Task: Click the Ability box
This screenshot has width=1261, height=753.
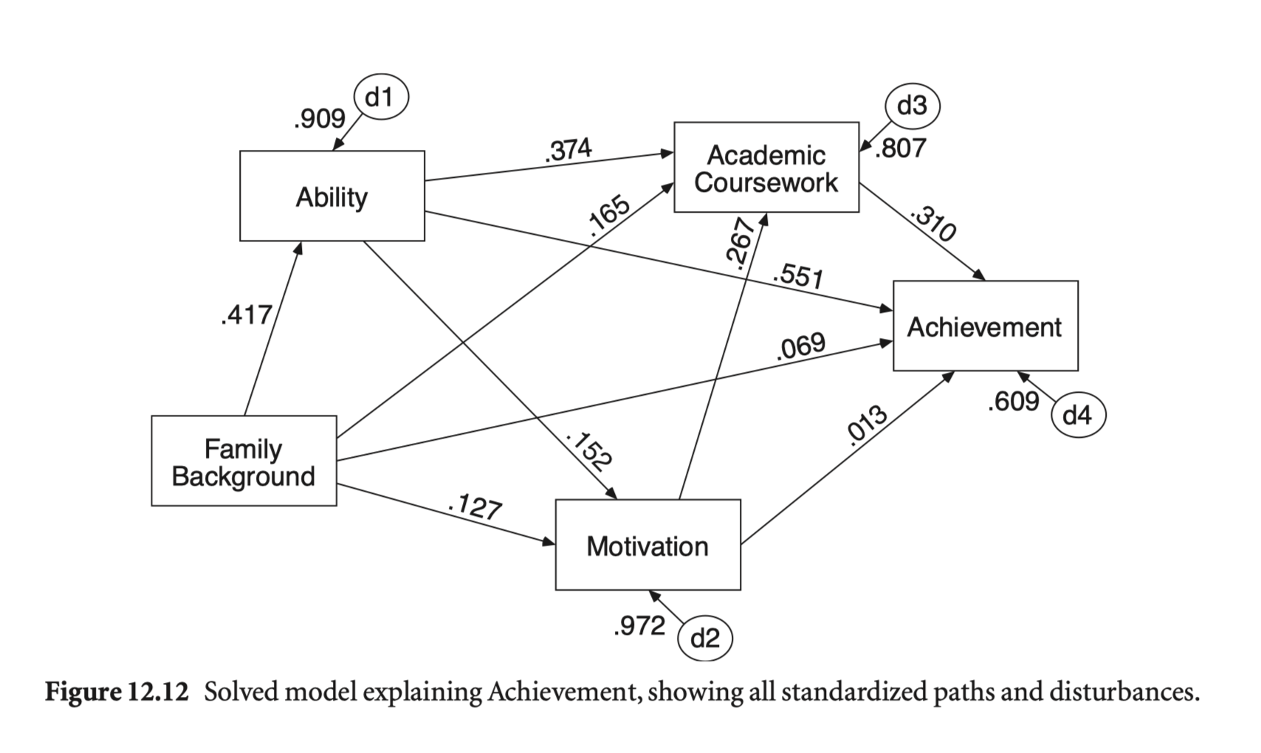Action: click(331, 196)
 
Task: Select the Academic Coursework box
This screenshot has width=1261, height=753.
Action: click(766, 168)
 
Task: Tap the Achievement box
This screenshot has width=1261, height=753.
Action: click(985, 326)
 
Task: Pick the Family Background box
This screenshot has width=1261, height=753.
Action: click(244, 461)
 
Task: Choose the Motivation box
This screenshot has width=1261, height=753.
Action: click(647, 546)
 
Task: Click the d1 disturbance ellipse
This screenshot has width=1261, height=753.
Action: click(381, 97)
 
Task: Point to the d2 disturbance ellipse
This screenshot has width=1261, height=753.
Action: click(704, 637)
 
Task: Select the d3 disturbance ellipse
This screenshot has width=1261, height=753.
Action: click(912, 106)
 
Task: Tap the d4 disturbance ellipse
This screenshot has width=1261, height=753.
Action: click(1077, 415)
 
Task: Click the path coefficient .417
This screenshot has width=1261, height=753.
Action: click(246, 315)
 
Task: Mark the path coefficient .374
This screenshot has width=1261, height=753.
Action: click(568, 151)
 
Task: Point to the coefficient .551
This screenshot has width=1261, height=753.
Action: click(797, 275)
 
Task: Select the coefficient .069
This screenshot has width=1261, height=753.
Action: click(800, 347)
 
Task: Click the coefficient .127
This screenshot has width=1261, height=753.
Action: click(475, 507)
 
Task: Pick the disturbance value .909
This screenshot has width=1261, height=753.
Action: click(319, 118)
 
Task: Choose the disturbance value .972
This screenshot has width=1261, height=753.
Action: click(639, 626)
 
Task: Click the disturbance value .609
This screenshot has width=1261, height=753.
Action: click(1014, 402)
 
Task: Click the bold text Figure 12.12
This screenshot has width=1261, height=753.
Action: click(117, 692)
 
